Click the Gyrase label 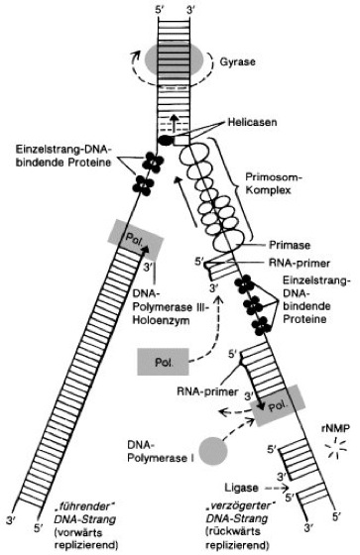pos(237,61)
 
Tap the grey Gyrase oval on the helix pos(174,59)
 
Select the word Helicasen pos(252,123)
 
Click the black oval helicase pos(165,140)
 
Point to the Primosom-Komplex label pos(273,183)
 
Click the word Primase pos(290,245)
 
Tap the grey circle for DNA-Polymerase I pos(212,451)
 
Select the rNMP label pos(334,428)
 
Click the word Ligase pos(241,488)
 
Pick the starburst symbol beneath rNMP pos(336,449)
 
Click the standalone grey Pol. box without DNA pos(163,362)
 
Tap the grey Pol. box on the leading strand pos(135,240)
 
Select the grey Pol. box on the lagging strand pos(277,405)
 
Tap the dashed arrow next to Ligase pos(277,489)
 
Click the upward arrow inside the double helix pos(174,124)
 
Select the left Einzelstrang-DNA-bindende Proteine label pos(63,156)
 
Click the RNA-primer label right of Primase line pos(300,263)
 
